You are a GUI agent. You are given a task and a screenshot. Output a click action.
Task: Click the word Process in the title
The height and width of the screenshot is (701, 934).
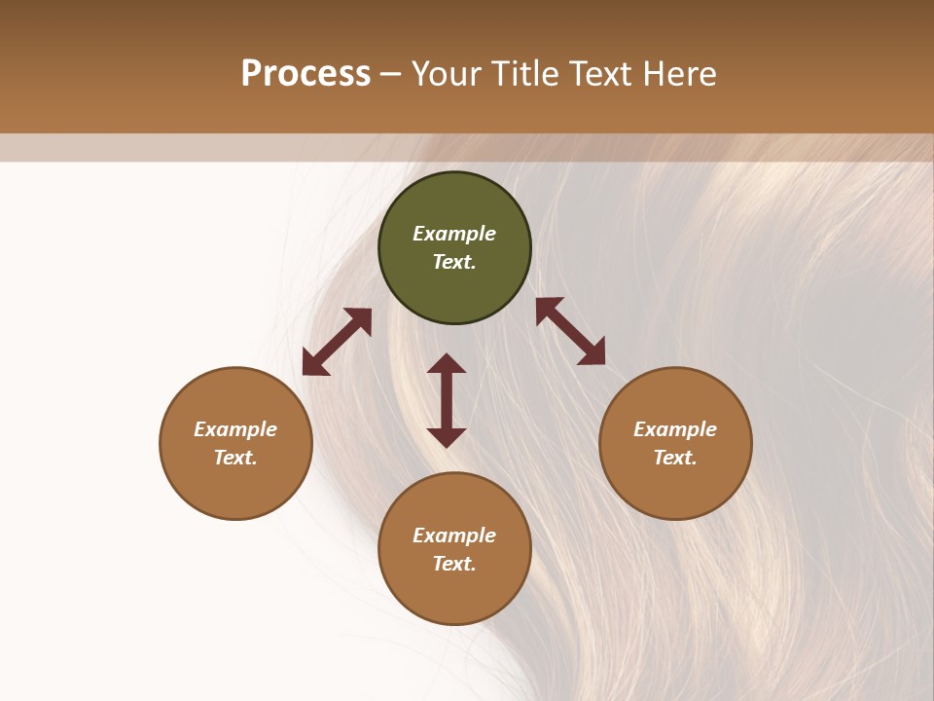click(x=305, y=74)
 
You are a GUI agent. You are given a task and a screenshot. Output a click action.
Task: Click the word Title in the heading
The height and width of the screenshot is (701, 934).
click(x=522, y=74)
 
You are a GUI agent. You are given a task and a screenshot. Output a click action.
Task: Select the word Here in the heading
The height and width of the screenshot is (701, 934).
click(x=679, y=74)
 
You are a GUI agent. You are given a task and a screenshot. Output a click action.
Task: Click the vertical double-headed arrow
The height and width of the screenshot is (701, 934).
click(x=447, y=400)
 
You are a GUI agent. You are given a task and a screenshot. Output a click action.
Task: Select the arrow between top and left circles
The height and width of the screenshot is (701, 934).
click(x=337, y=342)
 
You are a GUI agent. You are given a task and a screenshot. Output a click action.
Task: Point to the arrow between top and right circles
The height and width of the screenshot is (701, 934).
click(x=570, y=331)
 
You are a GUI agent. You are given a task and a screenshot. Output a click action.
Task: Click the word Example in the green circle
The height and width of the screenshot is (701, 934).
click(x=454, y=234)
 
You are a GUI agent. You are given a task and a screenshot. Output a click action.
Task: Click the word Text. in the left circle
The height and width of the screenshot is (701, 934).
click(x=235, y=458)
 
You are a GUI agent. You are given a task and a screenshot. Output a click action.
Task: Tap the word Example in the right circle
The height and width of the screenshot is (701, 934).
click(x=675, y=429)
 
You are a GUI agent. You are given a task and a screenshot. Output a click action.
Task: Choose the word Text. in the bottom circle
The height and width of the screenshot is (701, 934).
click(x=454, y=564)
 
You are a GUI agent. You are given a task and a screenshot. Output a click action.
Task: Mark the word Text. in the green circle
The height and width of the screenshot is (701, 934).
click(x=454, y=262)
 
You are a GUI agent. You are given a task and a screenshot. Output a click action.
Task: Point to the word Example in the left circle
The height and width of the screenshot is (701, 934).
click(x=235, y=429)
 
